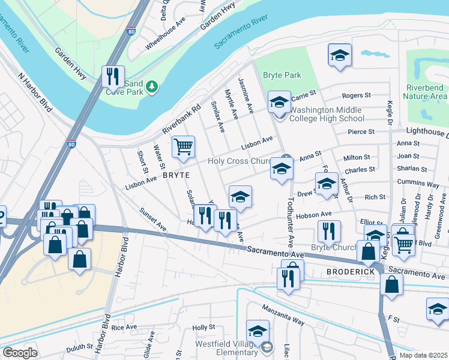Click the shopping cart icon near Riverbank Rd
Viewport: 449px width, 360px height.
[x=183, y=146]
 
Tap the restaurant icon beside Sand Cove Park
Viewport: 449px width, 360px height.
[x=113, y=76]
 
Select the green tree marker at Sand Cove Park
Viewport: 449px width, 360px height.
[x=152, y=88]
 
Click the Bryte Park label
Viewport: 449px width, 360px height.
[x=282, y=76]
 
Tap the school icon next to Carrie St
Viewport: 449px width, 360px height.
[x=279, y=102]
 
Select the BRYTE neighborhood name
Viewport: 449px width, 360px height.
[x=176, y=175]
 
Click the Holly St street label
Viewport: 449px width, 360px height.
[x=203, y=327]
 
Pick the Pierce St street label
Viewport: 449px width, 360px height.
[x=361, y=131]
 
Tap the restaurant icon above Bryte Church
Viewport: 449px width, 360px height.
[x=328, y=232]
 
